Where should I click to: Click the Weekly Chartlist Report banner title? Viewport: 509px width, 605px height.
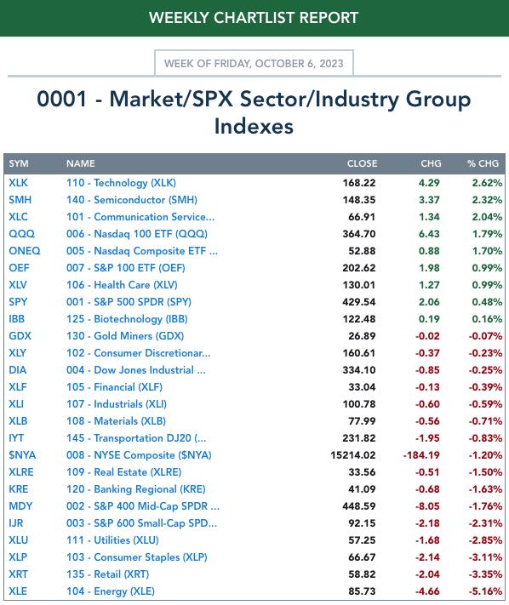coord(254,18)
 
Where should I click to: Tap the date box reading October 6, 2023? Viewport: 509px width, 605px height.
coord(254,63)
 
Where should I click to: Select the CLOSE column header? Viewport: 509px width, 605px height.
coord(362,163)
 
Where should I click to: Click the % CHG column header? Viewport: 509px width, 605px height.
coord(483,163)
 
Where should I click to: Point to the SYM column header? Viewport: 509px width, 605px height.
coord(19,163)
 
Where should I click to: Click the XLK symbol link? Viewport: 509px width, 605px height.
coord(18,182)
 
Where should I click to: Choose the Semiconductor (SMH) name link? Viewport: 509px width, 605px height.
coord(132,200)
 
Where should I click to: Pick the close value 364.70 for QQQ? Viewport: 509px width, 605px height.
coord(359,234)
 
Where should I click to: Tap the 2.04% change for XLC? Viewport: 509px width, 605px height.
coord(487,217)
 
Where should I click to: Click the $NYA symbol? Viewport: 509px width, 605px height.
coord(22,455)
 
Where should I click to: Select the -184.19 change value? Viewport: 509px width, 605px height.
coord(421,455)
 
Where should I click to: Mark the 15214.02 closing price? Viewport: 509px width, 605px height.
coord(353,455)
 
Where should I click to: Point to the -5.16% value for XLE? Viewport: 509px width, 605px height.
coord(485,591)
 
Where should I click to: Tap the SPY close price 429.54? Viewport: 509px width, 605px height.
coord(359,302)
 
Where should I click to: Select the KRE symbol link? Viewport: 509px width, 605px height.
coord(19,489)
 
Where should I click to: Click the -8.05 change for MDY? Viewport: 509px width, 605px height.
coord(427,506)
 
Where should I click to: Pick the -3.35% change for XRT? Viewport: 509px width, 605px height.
coord(485,574)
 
